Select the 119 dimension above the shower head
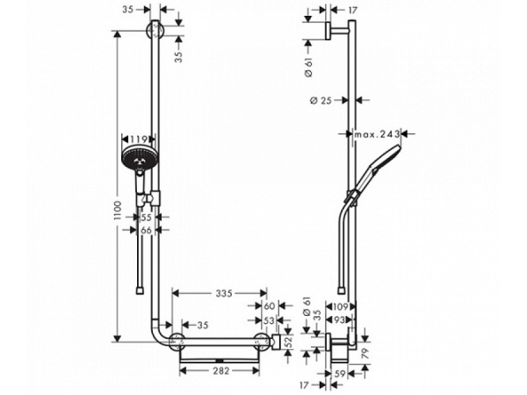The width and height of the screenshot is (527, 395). click(137, 139)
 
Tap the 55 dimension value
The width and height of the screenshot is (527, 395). click(147, 216)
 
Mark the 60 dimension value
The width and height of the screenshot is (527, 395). click(269, 307)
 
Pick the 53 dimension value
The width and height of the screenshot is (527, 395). click(269, 320)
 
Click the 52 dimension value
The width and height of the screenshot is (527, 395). click(287, 341)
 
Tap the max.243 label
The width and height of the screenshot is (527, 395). click(379, 134)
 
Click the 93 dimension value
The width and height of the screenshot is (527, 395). click(342, 320)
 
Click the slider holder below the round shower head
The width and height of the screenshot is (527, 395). click(155, 194)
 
